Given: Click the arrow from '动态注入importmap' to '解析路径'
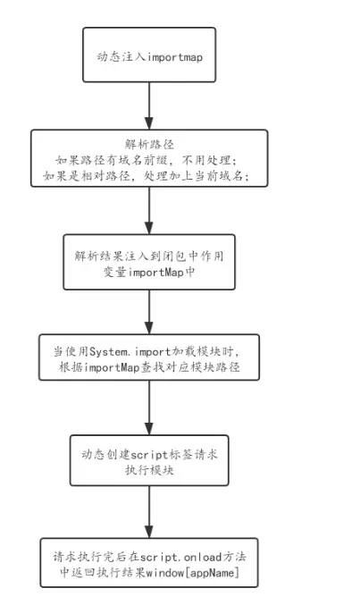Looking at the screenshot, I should (x=148, y=106).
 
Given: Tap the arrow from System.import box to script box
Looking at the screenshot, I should (x=149, y=412).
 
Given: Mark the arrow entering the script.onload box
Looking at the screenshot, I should (x=149, y=511).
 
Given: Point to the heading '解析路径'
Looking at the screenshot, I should (x=148, y=143).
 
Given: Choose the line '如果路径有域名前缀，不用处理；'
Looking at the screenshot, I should (x=148, y=158).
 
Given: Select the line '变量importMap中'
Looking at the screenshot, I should (x=149, y=270).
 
